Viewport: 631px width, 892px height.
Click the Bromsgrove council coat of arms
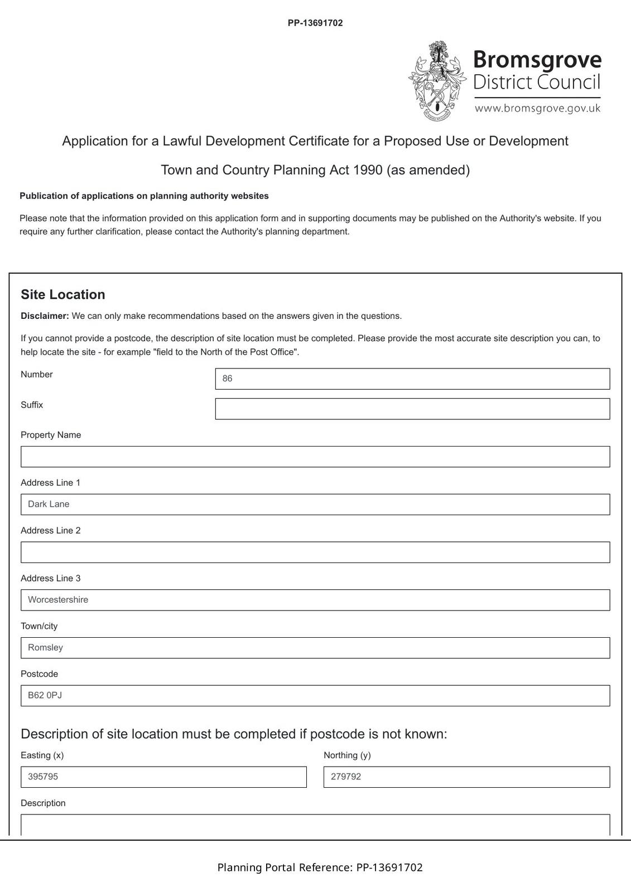[x=437, y=81]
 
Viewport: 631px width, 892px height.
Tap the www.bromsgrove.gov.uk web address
[x=537, y=108]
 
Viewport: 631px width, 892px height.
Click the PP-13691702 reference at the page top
[x=315, y=23]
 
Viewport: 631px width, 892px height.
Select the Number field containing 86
[x=412, y=379]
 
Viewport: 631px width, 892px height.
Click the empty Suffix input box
[x=412, y=409]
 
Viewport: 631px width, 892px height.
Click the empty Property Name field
[x=315, y=457]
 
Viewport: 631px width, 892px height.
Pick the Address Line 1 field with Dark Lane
[x=315, y=505]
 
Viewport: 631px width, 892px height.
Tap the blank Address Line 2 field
[x=315, y=552]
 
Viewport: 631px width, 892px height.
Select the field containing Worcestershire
[x=315, y=600]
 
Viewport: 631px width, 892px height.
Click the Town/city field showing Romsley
[x=315, y=648]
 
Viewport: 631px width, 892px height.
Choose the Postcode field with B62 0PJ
[x=315, y=696]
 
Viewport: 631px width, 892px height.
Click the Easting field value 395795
[x=163, y=777]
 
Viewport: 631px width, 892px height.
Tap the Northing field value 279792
[x=466, y=777]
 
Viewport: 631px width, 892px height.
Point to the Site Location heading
[x=63, y=294]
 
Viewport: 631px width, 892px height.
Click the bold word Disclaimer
[x=45, y=316]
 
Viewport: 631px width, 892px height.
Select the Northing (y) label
[x=347, y=755]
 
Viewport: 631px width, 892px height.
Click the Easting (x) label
[x=42, y=755]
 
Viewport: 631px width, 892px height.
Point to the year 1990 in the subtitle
[x=368, y=170]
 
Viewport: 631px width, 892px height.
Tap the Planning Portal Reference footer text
[x=320, y=867]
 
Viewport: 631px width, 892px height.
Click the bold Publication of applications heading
[x=144, y=196]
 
